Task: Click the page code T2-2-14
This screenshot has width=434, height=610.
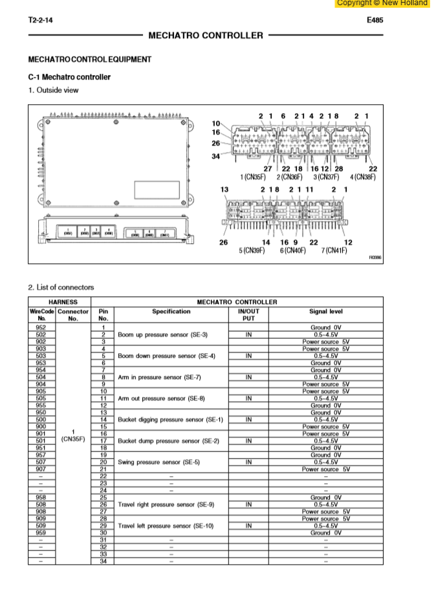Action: tap(41, 20)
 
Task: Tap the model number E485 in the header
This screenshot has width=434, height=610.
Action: tap(374, 20)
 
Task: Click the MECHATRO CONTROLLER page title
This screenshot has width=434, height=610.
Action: tap(206, 35)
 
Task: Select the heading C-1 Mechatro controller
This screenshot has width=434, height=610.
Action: tap(69, 77)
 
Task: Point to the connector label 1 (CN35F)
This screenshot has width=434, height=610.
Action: tap(252, 177)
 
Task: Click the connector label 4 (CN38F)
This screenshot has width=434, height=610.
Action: tap(362, 177)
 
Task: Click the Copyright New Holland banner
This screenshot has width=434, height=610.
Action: tap(382, 3)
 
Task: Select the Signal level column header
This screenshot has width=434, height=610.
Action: tap(326, 311)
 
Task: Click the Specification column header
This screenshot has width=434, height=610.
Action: tap(171, 311)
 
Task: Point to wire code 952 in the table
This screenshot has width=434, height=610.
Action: tap(41, 327)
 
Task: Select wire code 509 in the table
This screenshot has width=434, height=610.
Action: tap(41, 526)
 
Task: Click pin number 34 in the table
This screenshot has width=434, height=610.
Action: tap(103, 561)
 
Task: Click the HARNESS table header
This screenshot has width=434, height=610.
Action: tap(59, 302)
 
